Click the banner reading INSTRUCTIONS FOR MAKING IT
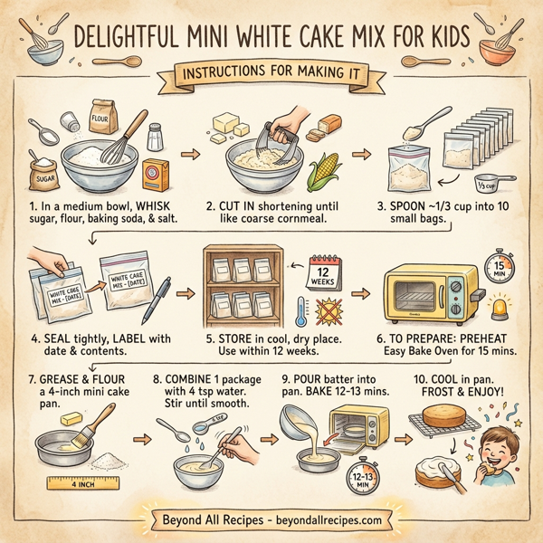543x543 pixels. pyautogui.click(x=271, y=71)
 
